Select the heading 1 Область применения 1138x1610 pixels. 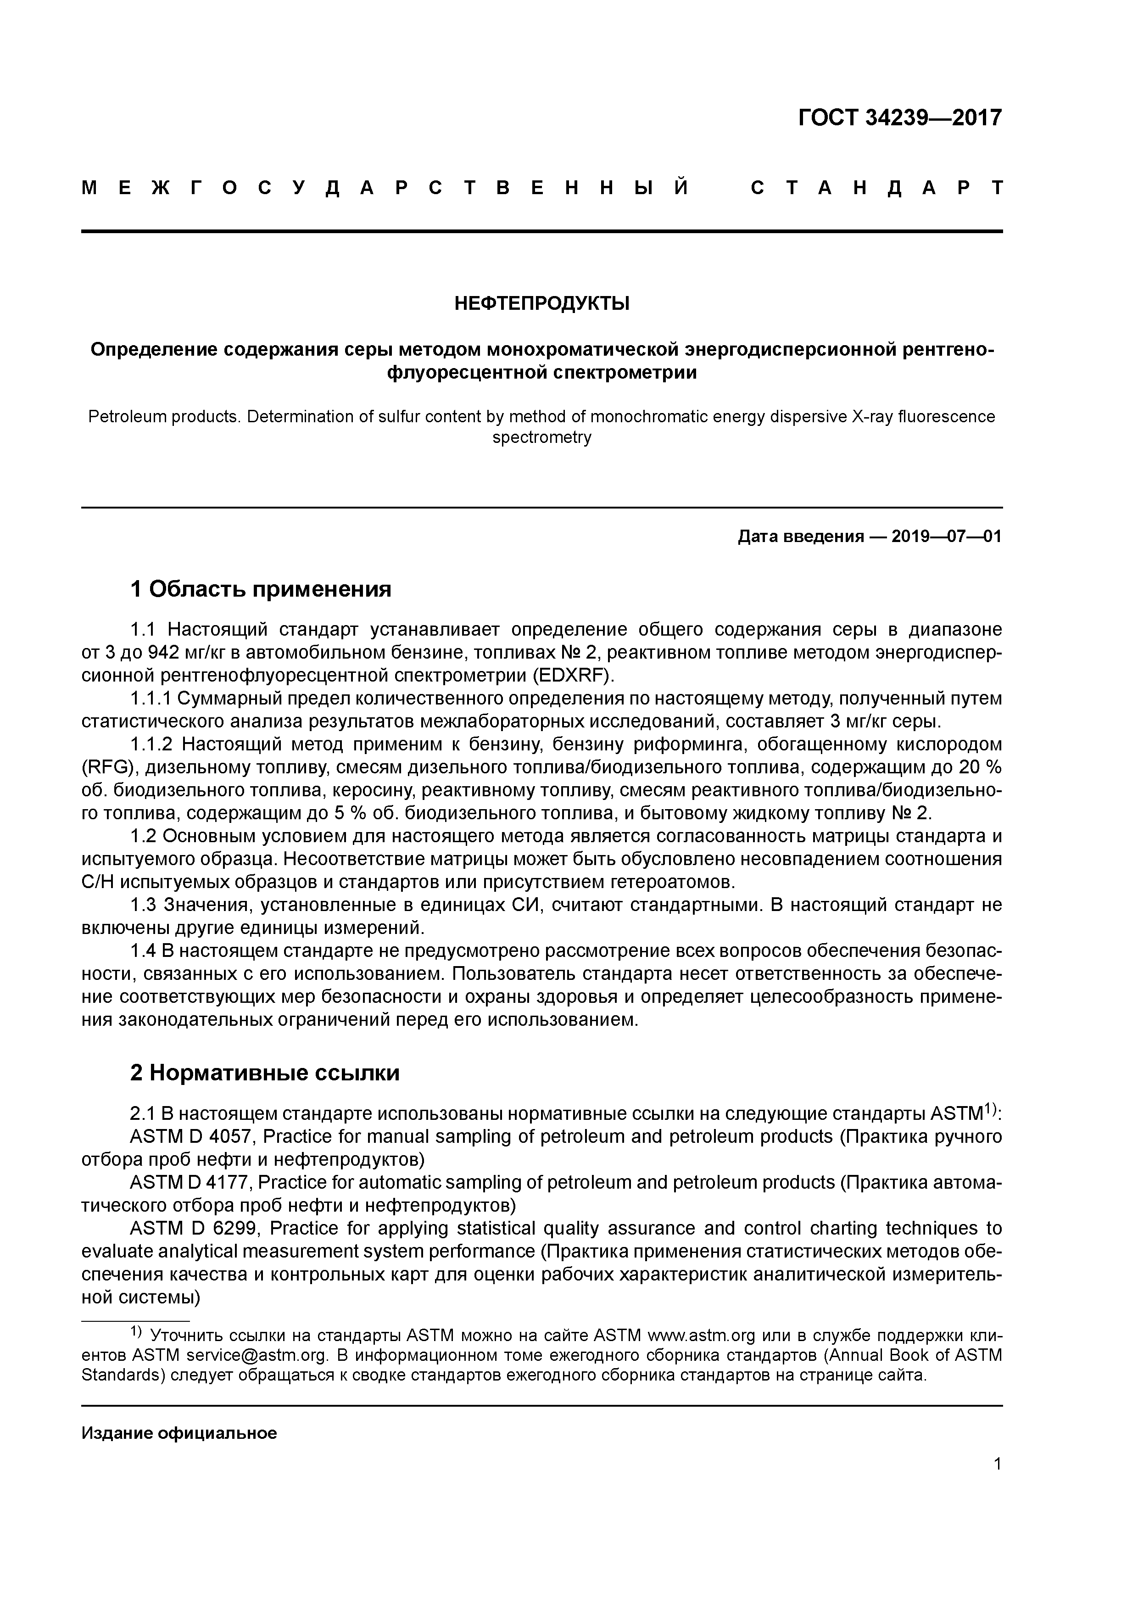pyautogui.click(x=261, y=589)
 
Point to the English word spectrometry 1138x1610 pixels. pyautogui.click(x=541, y=437)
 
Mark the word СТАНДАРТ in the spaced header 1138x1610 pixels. pyautogui.click(x=876, y=188)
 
